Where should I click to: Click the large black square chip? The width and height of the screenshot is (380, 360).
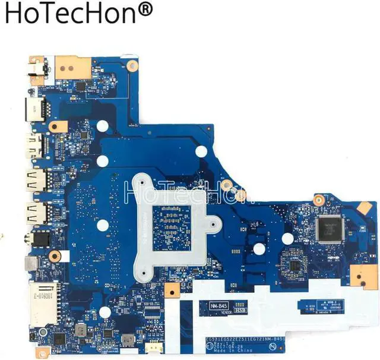click(x=330, y=228)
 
